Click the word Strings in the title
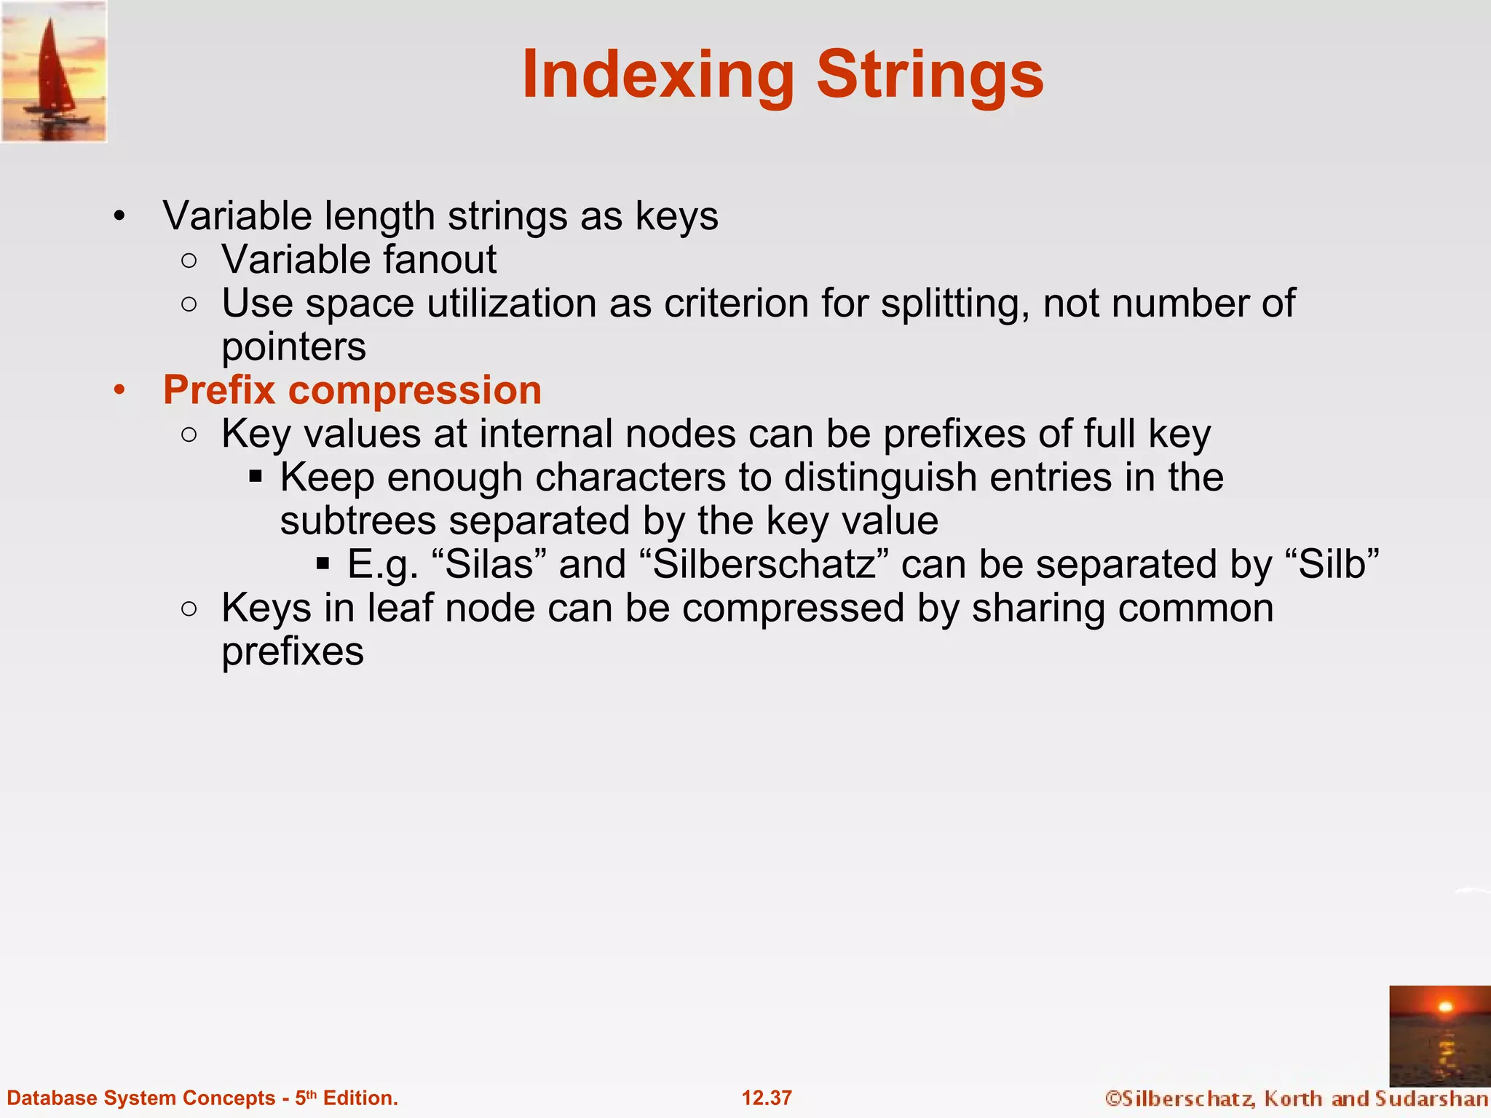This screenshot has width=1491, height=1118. (x=930, y=75)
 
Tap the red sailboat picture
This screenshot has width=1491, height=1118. (x=54, y=71)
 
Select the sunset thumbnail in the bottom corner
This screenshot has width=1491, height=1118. (x=1439, y=1036)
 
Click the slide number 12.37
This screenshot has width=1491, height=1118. (x=767, y=1098)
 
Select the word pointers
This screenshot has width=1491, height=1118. (x=293, y=347)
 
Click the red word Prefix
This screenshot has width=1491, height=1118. (x=219, y=390)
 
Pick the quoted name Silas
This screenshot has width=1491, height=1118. (x=489, y=565)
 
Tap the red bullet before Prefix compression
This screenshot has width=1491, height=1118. (x=119, y=390)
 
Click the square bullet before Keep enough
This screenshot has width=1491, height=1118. (x=255, y=477)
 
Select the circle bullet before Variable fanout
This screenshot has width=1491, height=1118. (x=189, y=261)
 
